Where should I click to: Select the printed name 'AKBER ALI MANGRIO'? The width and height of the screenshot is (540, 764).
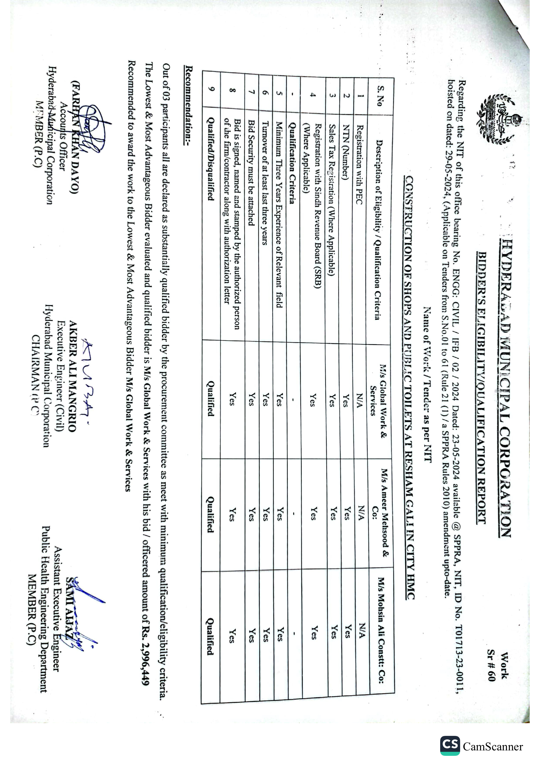tap(73, 376)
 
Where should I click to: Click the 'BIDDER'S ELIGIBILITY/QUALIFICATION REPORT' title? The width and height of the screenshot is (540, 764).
tap(481, 387)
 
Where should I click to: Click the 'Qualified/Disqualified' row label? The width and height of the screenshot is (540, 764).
tap(210, 159)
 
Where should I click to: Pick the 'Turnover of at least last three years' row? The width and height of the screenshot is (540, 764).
tap(265, 183)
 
